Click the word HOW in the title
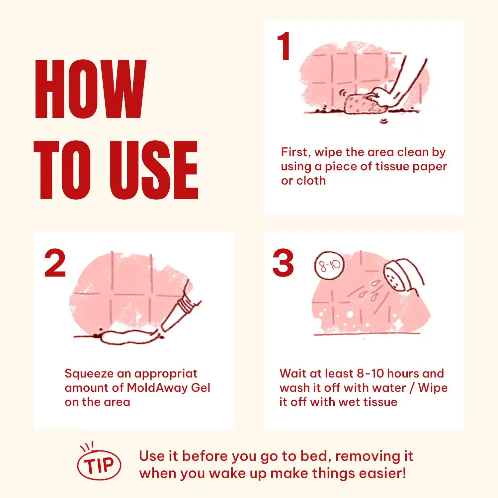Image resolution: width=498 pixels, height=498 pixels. [90, 89]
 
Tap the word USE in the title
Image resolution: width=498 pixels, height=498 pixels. [153, 170]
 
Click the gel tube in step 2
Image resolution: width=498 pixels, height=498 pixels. [181, 312]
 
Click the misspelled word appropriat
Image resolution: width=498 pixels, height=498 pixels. [166, 374]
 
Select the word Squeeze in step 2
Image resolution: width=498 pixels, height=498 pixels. [89, 374]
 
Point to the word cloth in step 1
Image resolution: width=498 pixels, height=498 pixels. [311, 181]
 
